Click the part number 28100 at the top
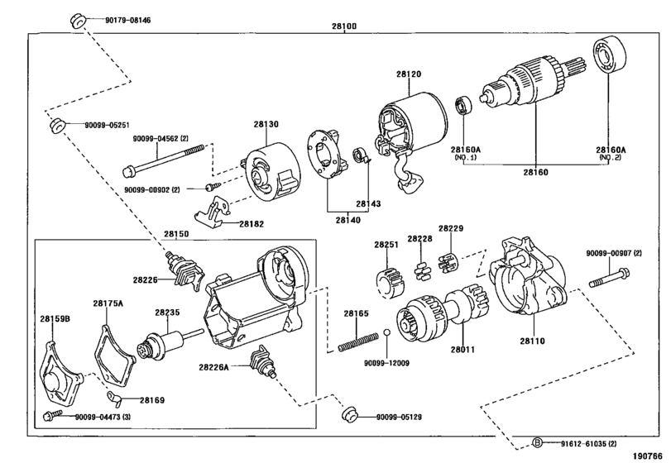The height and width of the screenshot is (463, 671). [x=344, y=26]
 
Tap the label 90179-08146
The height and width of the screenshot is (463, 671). [x=128, y=20]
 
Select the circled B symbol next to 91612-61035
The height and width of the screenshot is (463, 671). [x=537, y=443]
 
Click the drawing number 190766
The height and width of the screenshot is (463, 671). [x=648, y=456]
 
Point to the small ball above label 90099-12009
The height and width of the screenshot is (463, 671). [x=386, y=333]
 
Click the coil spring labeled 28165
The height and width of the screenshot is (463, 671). [x=358, y=342]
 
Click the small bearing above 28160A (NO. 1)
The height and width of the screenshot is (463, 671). [x=463, y=106]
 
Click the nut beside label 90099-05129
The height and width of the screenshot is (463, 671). [x=351, y=414]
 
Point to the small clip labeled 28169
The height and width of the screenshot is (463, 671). [x=115, y=399]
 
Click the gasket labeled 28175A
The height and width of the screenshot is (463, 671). [x=114, y=356]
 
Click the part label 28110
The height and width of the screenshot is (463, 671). [x=532, y=341]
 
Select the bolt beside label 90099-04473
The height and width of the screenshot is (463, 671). [x=53, y=415]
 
